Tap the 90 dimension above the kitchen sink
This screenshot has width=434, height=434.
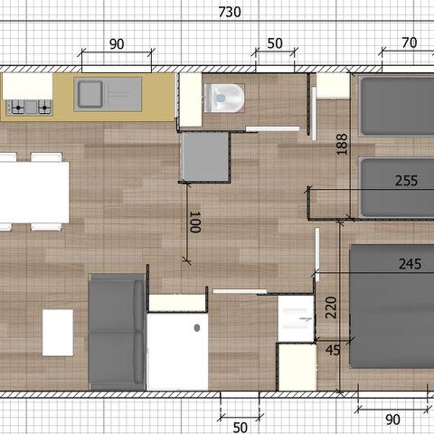116,44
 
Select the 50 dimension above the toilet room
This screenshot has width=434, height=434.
275,44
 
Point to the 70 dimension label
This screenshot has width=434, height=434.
409,43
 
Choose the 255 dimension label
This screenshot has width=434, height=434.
407,181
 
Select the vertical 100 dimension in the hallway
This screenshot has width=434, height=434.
193,222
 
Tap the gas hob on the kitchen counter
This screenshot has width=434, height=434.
28,107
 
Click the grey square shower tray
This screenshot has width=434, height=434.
205,156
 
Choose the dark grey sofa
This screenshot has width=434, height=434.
117,332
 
